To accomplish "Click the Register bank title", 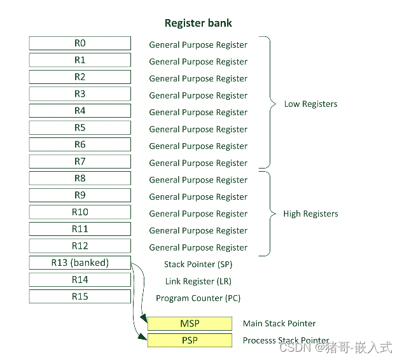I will pos(198,24).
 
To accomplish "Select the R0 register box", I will pos(80,43).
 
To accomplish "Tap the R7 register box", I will pos(80,162).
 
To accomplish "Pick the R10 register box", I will pos(80,212).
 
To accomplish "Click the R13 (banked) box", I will pos(80,263).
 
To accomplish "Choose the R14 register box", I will pos(80,280).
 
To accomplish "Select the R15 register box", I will pos(80,296).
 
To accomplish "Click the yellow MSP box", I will pos(190,324).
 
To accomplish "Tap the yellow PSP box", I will pos(190,340).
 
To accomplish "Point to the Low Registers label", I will pos(310,104).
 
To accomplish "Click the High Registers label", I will pos(310,214).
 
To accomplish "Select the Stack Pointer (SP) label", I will pos(198,265).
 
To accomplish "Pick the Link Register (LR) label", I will pos(198,281).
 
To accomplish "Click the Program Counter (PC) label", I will pos(198,298).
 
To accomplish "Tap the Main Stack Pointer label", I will pos(279,324).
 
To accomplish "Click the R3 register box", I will pos(80,94).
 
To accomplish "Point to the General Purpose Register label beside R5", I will pos(198,130).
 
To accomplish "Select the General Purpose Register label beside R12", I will pos(198,248).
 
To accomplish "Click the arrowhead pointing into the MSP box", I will pos(145,319).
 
